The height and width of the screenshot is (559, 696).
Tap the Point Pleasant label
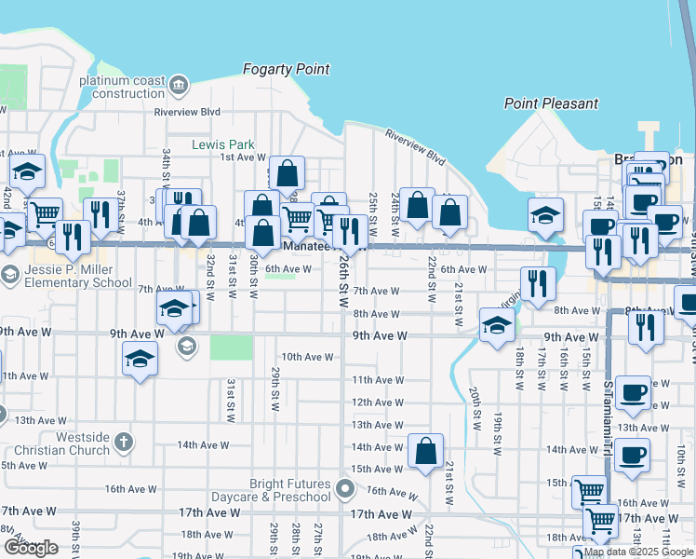pos(551,103)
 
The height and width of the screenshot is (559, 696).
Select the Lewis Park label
pos(222,144)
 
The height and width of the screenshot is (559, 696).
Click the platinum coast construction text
pos(122,87)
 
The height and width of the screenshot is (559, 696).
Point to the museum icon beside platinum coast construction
pos(179,87)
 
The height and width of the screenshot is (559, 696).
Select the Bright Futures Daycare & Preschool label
pos(289,490)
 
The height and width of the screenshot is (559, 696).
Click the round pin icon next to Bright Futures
pos(346,488)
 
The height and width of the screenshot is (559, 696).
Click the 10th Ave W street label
pos(307,357)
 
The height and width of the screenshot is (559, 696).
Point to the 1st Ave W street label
pos(243,157)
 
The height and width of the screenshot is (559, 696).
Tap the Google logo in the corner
pos(31,548)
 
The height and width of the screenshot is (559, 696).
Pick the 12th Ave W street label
pos(377,402)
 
